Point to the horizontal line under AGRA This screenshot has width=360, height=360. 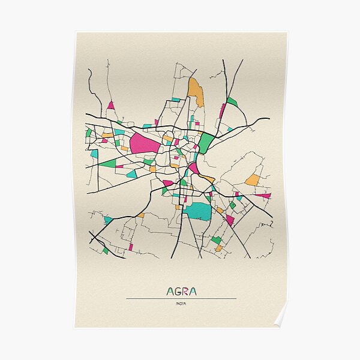coord(181,299)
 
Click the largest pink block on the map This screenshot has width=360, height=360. coord(144,143)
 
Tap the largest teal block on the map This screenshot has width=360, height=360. coord(198,211)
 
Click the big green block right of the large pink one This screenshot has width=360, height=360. coord(206,143)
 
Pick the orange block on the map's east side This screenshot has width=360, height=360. coord(253,180)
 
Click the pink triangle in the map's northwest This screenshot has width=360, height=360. coord(110,106)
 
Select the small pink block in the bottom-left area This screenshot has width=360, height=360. coord(130,247)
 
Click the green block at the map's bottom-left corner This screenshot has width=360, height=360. coord(106,250)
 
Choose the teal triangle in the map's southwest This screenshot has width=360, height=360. coord(108,220)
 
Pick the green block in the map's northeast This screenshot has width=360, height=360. coord(232,101)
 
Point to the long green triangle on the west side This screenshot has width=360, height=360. coord(108,163)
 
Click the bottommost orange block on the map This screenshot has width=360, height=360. coord(218,248)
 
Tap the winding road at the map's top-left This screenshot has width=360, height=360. coord(93,87)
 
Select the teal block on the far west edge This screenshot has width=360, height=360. coord(94,154)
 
